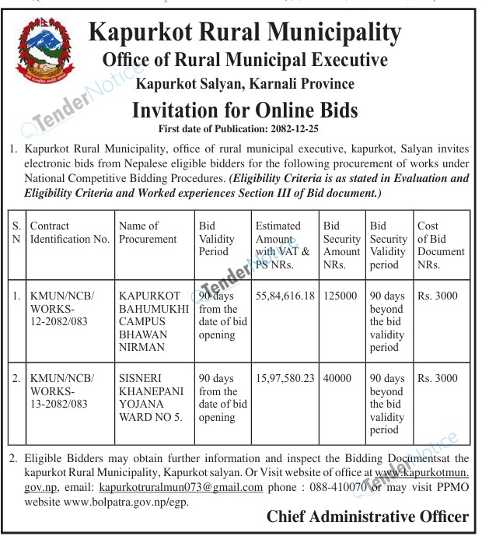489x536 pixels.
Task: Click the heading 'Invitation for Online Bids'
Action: point(245,110)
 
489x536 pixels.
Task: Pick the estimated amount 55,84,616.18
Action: point(285,296)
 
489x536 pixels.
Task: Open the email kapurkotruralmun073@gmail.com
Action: point(181,487)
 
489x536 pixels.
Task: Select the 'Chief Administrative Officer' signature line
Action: point(368,517)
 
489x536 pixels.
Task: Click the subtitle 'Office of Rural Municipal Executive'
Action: point(245,60)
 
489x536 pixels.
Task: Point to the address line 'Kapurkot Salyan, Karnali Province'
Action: point(245,83)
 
